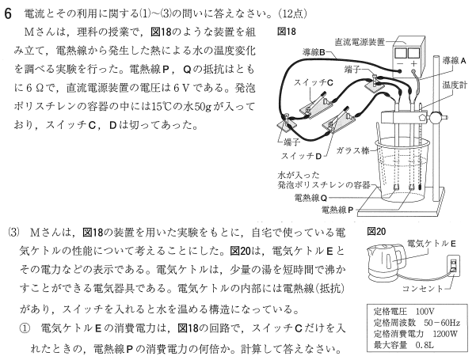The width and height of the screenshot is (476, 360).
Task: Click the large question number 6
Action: [x=8, y=13]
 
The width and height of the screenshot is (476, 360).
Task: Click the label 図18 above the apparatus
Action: [x=286, y=32]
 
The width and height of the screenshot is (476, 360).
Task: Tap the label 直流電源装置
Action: [x=360, y=42]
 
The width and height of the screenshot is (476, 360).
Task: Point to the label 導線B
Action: [x=314, y=52]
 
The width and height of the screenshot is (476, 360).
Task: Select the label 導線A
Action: [x=454, y=61]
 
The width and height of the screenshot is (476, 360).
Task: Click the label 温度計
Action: [x=455, y=85]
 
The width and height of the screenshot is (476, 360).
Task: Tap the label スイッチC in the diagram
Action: [x=314, y=82]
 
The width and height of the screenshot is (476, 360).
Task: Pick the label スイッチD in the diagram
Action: [x=301, y=156]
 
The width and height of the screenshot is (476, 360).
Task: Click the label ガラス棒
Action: [x=352, y=150]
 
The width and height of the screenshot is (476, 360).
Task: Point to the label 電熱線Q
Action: [x=310, y=198]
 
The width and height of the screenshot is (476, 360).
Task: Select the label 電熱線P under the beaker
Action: [x=337, y=210]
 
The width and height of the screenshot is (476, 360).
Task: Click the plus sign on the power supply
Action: [x=413, y=64]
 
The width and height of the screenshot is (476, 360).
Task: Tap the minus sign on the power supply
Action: [x=400, y=64]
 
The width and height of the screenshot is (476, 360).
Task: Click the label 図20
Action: [x=376, y=232]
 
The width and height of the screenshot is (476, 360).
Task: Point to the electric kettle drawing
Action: [x=386, y=263]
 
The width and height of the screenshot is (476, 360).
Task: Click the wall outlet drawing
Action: [x=453, y=266]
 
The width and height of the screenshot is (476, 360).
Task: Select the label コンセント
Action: [x=423, y=288]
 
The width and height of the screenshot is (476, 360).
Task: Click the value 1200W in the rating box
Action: [x=445, y=334]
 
